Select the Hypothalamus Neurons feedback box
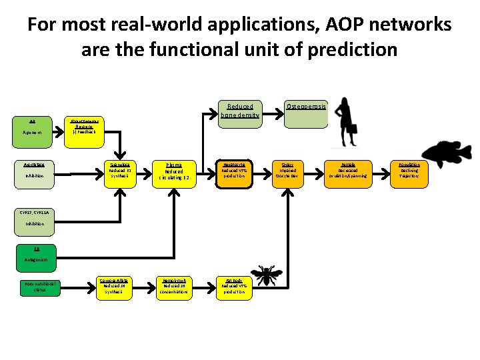[84, 127]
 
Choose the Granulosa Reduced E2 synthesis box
[121, 171]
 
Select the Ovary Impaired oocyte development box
[287, 171]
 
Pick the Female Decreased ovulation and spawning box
[348, 171]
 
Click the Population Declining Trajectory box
[409, 171]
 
